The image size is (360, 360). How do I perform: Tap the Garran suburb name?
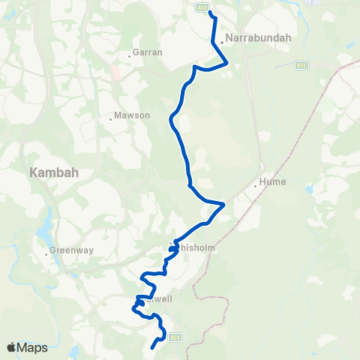pyautogui.click(x=142, y=52)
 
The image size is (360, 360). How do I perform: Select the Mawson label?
pyautogui.click(x=133, y=116)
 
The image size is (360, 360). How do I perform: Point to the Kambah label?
pyautogui.click(x=54, y=172)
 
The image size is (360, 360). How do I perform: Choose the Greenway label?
pyautogui.click(x=70, y=250)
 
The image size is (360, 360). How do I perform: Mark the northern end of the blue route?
pyautogui.click(x=210, y=13)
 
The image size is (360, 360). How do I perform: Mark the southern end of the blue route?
pyautogui.click(x=152, y=347)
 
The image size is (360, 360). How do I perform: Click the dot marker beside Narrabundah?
pyautogui.click(x=222, y=42)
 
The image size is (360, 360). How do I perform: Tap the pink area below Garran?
pyautogui.click(x=115, y=73)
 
